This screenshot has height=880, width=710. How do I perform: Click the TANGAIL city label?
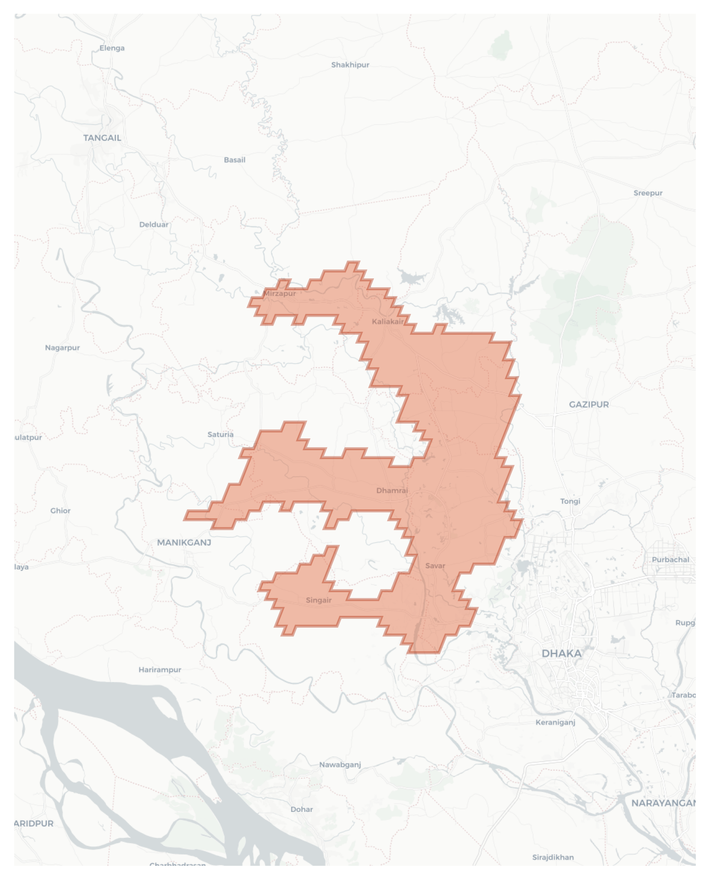102,138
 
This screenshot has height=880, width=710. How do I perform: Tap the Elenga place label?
112,48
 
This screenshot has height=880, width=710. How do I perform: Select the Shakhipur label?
350,65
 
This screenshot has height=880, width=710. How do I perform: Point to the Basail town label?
235,160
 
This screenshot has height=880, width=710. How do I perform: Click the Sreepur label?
648,193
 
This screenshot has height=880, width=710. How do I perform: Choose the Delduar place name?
154,224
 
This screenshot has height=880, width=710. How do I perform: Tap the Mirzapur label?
280,293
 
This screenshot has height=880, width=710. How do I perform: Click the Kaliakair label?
388,321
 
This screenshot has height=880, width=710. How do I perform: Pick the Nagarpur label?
62,347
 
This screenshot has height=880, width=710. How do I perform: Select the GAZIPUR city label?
589,404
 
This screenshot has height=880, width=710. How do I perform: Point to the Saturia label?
221,434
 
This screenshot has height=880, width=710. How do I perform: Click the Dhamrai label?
392,490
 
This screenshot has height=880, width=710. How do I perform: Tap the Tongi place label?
570,501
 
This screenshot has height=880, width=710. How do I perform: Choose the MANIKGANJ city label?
184,542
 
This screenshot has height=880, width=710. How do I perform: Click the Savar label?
435,566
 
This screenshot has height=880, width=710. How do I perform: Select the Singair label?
319,600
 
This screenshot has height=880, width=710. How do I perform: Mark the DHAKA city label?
561,654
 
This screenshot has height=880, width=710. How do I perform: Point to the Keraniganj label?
556,722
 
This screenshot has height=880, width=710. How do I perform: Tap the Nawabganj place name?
340,764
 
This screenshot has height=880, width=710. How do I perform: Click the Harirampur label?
160,670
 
